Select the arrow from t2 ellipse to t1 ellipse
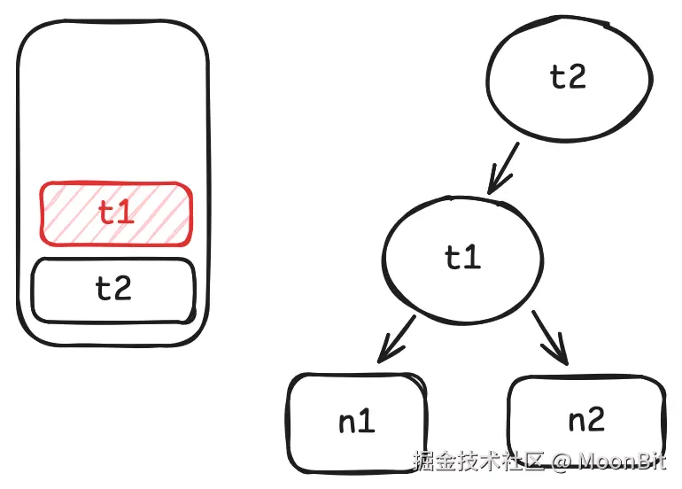(503, 169)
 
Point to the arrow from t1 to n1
(395, 339)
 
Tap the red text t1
(116, 213)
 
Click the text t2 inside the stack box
(113, 290)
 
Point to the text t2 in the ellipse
(568, 77)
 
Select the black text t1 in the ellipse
(461, 258)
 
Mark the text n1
(357, 422)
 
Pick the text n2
(585, 419)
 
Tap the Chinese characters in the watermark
(479, 462)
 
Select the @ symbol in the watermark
(561, 462)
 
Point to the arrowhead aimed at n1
(384, 355)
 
